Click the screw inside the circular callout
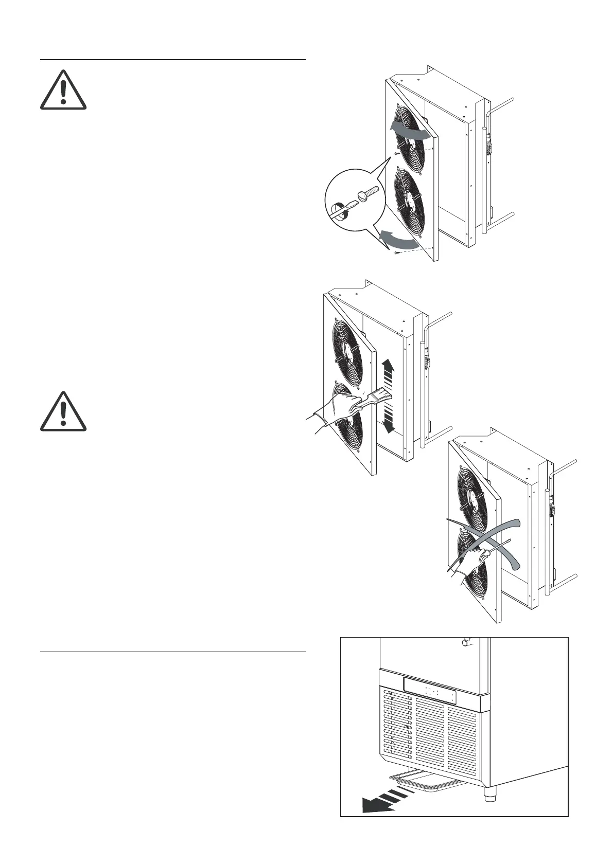[x=368, y=194]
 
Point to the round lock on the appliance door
[x=466, y=643]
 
